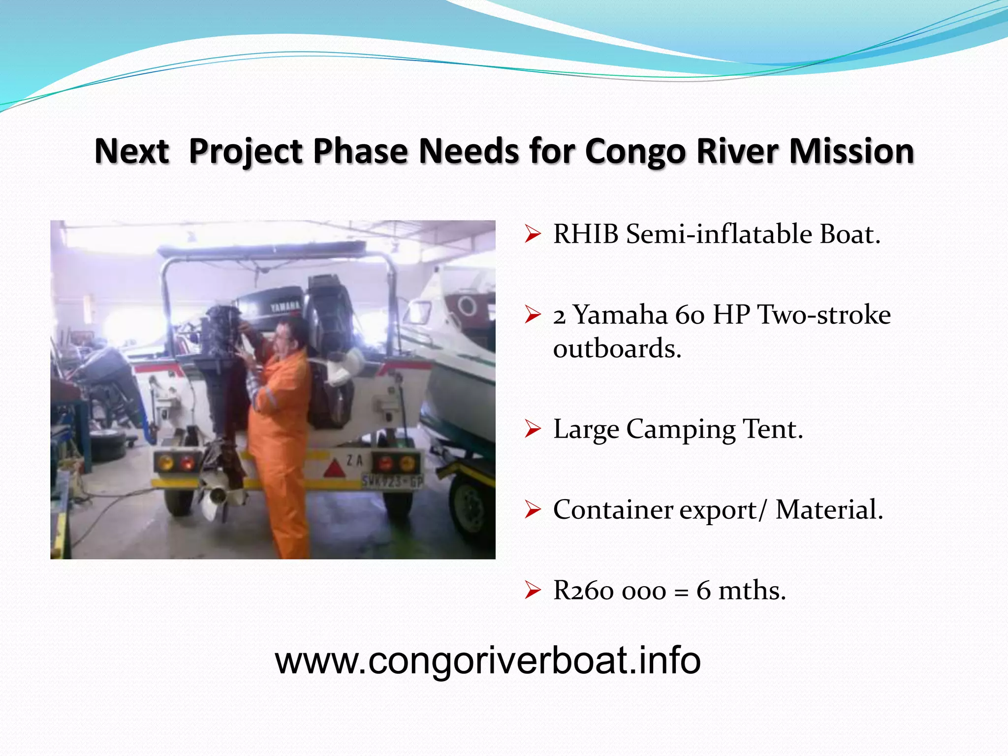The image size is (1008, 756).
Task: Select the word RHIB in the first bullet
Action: (586, 234)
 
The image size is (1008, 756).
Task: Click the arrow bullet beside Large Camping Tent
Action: (533, 429)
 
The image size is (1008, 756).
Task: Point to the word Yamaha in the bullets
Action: (621, 315)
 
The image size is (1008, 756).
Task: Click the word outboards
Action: (617, 349)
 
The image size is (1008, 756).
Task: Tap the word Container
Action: (613, 510)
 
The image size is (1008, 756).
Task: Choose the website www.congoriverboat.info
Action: (487, 661)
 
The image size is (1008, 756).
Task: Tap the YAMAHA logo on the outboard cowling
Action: (285, 306)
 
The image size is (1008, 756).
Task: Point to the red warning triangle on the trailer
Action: (335, 469)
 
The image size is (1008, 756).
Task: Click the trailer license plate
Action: (392, 481)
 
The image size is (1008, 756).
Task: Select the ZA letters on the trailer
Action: (355, 461)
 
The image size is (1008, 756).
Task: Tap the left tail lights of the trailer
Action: (176, 463)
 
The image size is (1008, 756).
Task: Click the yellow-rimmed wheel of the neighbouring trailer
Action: (471, 507)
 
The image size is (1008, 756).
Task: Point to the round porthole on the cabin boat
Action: (467, 306)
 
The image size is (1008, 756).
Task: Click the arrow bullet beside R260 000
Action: (533, 590)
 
